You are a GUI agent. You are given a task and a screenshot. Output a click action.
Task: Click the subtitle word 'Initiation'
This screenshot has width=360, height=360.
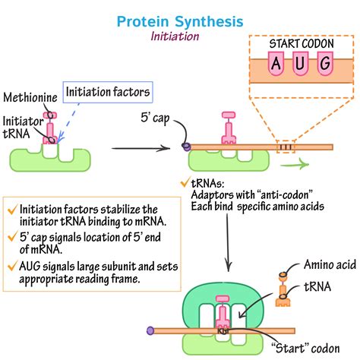click(180, 36)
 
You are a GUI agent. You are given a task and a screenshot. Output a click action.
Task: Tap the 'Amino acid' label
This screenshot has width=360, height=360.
click(329, 265)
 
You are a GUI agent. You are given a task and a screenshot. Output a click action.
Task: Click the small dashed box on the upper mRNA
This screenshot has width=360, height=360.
click(286, 147)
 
